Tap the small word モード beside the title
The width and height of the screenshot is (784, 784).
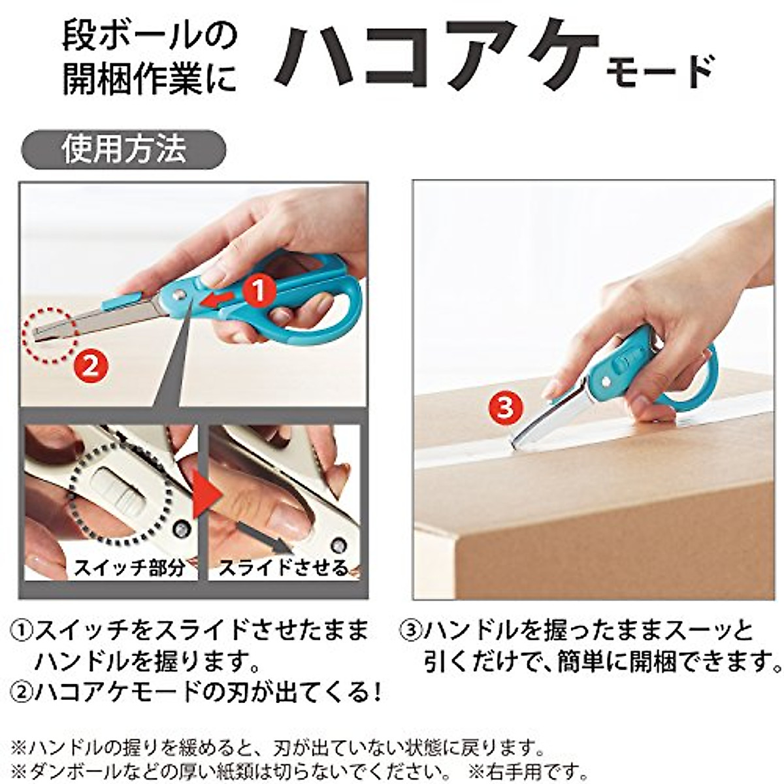pos(661,73)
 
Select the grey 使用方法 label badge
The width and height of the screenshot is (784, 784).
pos(124,150)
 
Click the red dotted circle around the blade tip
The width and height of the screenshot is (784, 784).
pos(51,333)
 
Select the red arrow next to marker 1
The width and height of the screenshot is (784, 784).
pos(218,299)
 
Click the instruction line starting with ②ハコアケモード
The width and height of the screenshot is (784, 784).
pos(196,691)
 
